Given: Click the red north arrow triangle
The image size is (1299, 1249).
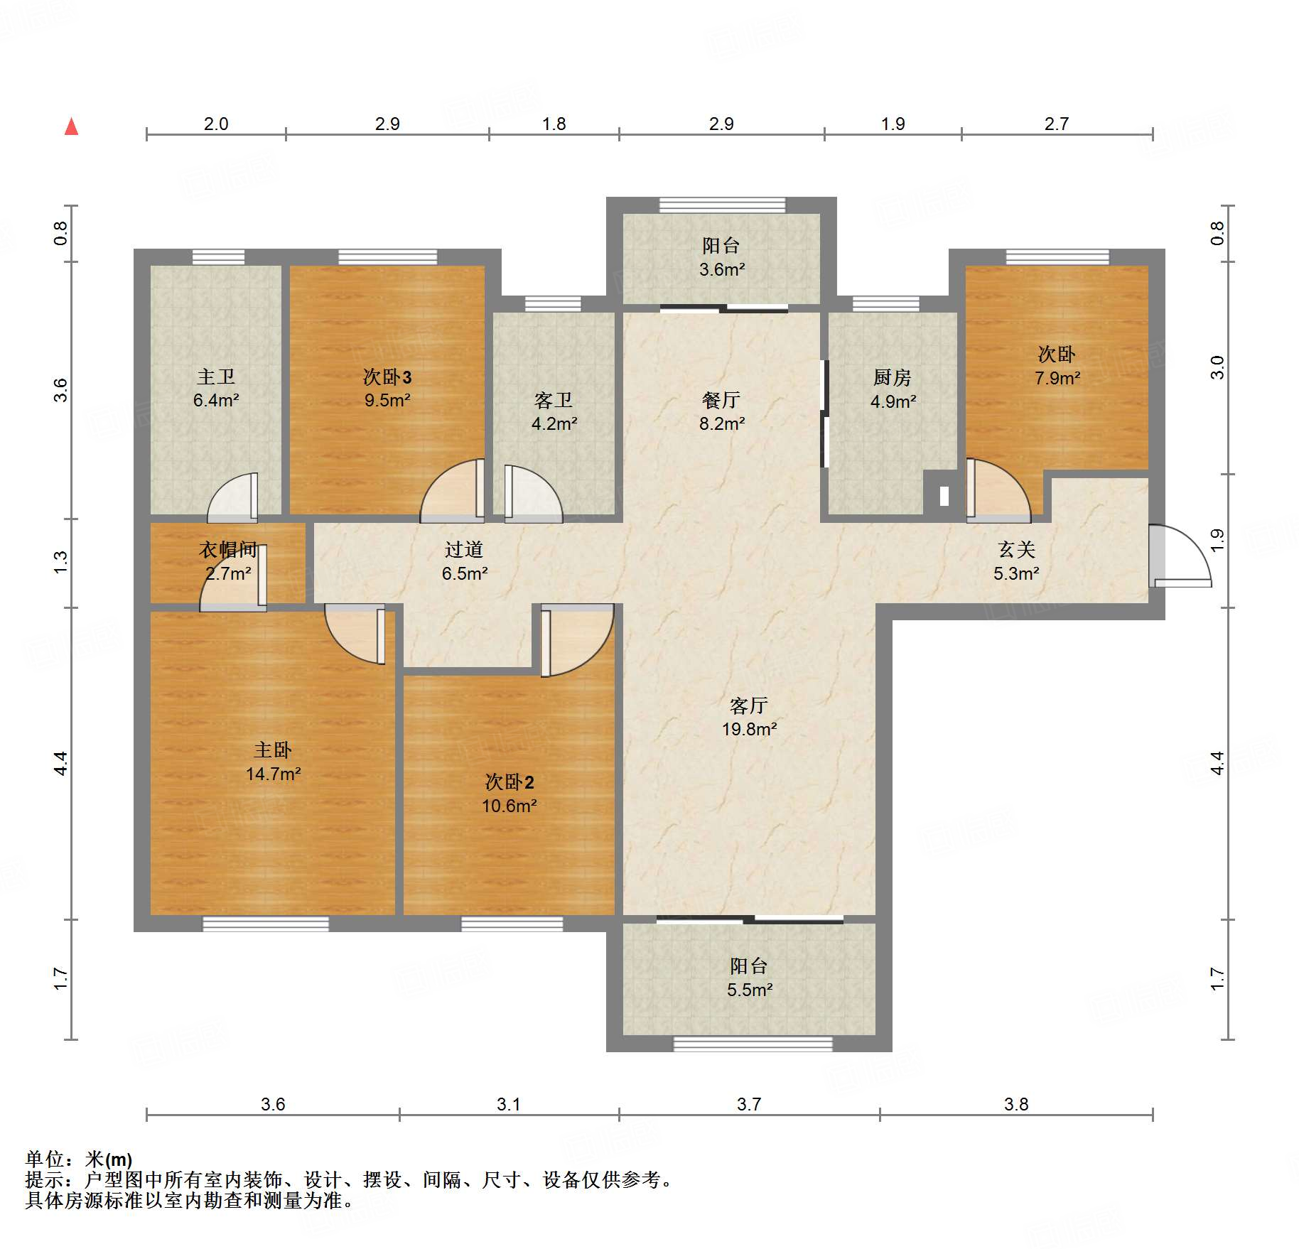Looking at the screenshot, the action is coord(71,126).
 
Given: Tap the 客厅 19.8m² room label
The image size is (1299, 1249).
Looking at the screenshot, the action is coord(749,717).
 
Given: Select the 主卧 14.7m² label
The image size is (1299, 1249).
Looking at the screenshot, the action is coord(273,762).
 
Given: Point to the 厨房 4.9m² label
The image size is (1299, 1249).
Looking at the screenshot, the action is coord(893,389).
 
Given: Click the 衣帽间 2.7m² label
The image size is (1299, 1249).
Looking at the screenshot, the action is coord(228,561).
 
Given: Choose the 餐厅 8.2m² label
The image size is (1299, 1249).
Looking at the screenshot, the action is coord(721,411).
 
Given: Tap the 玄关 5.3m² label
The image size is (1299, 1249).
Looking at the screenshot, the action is coord(1016,561).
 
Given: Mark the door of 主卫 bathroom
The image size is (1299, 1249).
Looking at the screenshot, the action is coord(232,497).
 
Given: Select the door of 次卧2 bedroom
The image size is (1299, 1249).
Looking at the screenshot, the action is coord(576,640).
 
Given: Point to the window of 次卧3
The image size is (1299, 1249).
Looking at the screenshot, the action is coord(387,256).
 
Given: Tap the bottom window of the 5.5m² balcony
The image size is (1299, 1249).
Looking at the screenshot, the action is coord(753,1044).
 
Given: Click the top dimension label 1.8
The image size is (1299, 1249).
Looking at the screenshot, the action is coord(554,124).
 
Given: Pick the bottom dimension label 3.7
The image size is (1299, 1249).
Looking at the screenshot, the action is coord(748,1104).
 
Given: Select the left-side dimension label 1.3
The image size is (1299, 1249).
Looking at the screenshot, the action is coord(61,563).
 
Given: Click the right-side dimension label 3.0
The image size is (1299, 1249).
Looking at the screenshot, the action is coord(1217,367).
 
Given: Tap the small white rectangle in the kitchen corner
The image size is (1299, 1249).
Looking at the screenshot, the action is coord(944,496).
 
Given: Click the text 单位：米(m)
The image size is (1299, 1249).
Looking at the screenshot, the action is coord(79,1159).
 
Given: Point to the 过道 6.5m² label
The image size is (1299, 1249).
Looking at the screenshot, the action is coord(464,561).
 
